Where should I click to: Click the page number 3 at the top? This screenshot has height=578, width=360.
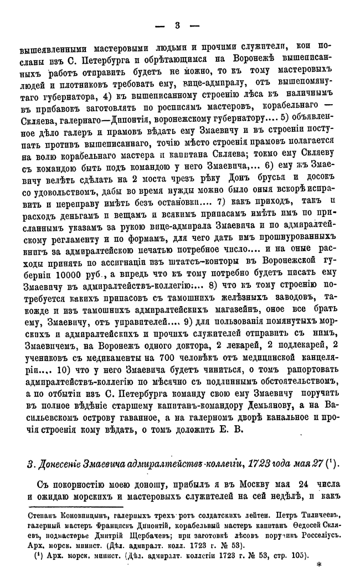177,25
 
